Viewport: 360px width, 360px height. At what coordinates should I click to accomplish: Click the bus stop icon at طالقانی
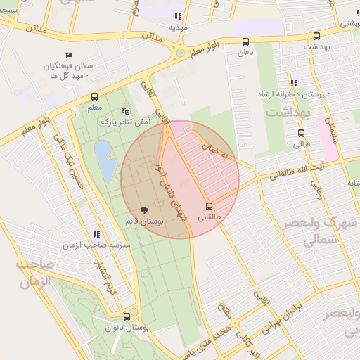click(x=209, y=206)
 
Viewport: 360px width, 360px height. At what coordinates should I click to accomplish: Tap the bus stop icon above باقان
click(x=245, y=41)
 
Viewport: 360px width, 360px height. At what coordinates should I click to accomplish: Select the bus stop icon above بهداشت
click(x=316, y=36)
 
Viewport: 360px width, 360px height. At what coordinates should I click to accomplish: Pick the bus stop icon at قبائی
click(x=301, y=133)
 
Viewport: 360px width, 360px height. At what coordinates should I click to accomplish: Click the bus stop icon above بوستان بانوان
click(x=127, y=316)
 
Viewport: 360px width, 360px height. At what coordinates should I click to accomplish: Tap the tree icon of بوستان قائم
click(x=144, y=210)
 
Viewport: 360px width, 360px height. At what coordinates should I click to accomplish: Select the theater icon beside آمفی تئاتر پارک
click(x=125, y=111)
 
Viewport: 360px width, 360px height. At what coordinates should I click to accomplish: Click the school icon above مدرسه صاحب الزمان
click(x=96, y=234)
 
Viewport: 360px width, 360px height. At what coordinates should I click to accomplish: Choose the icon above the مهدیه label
click(x=179, y=16)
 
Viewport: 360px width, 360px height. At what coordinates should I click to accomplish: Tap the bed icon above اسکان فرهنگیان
click(x=69, y=55)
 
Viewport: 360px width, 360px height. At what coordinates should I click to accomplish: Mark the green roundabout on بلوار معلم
click(x=180, y=52)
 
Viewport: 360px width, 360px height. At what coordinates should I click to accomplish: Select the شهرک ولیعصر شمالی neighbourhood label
click(x=316, y=232)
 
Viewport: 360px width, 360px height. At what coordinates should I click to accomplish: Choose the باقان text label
click(x=245, y=53)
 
